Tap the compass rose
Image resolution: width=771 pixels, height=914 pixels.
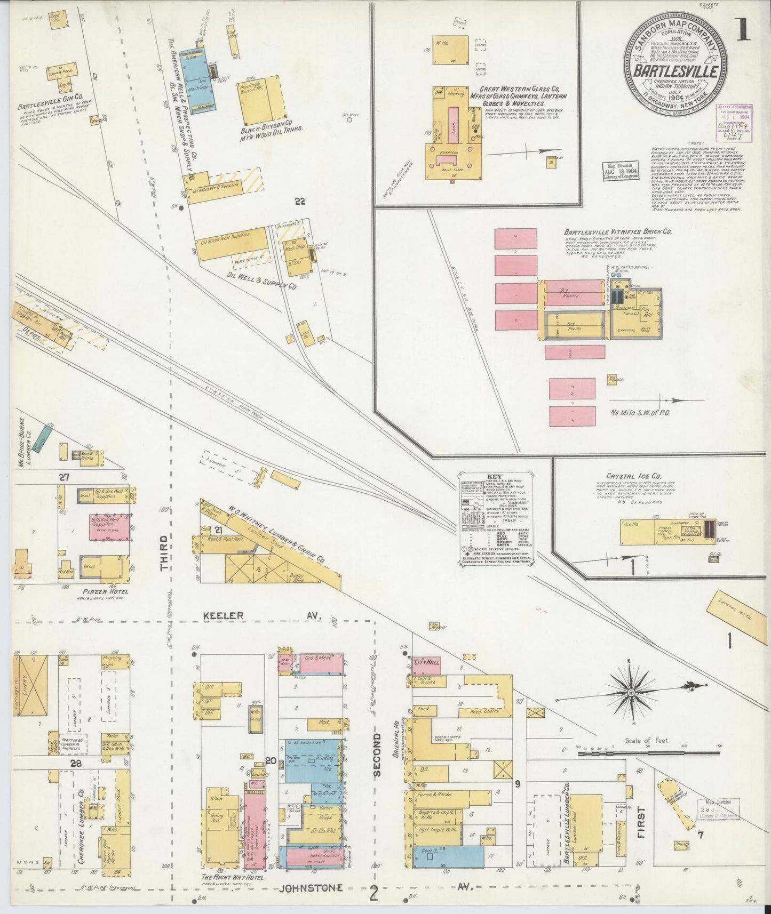631,692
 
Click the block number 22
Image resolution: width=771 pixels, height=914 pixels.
300,201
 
